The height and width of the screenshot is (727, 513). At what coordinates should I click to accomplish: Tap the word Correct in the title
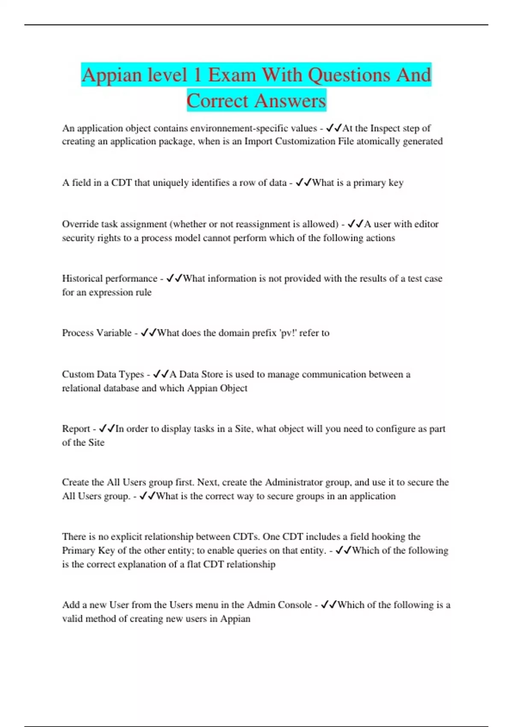tap(217, 101)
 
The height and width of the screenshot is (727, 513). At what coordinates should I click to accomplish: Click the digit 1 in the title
tap(197, 75)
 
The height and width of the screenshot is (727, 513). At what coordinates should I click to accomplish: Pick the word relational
tap(82, 388)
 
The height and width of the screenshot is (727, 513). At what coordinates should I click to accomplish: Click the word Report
tap(76, 429)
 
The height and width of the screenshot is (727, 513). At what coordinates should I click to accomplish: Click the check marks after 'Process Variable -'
tap(149, 333)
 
